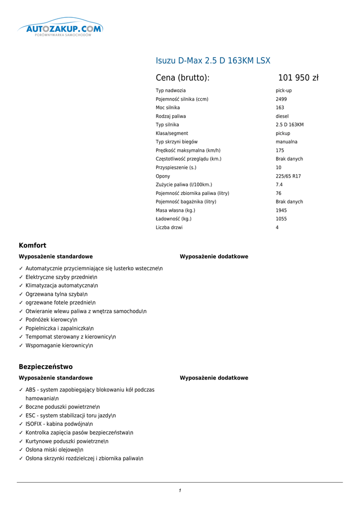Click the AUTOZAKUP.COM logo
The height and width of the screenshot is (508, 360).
(x=60, y=29)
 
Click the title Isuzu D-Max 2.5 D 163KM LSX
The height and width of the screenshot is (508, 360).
(x=213, y=61)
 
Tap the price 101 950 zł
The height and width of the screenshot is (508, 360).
(x=298, y=78)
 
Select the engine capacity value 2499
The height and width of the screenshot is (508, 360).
(x=281, y=99)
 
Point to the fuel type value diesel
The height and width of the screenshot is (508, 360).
(x=282, y=116)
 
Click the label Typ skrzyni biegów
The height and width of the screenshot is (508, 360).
(x=176, y=142)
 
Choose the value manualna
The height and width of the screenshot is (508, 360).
(x=287, y=142)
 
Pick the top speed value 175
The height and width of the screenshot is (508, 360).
(x=280, y=150)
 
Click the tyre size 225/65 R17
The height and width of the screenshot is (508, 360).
(x=288, y=176)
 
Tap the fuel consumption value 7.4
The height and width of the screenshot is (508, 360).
(x=279, y=185)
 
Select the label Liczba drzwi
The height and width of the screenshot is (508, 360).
(x=169, y=228)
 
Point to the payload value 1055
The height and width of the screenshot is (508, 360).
(x=281, y=219)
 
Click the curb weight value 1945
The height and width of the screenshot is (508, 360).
(x=281, y=210)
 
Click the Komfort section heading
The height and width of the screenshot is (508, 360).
(x=32, y=246)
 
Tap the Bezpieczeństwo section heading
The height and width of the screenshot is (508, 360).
(x=46, y=367)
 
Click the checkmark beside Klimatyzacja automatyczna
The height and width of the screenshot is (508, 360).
(x=21, y=286)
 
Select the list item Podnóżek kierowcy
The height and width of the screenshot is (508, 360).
(x=51, y=320)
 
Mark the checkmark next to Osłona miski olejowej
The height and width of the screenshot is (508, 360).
(x=21, y=450)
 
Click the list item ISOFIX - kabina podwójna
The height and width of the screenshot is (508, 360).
(x=59, y=424)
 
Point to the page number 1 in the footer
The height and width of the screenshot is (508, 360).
(x=180, y=491)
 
